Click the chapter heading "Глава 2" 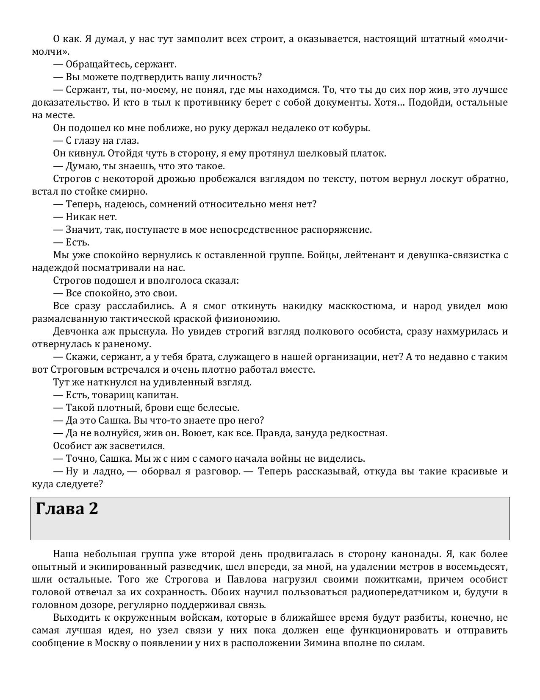tap(67, 509)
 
